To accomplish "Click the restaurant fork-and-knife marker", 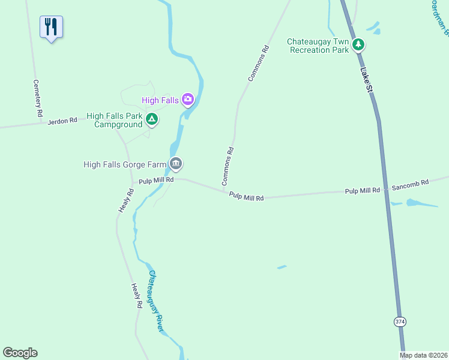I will (x=51, y=26).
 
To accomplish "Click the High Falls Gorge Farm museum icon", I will (x=176, y=163).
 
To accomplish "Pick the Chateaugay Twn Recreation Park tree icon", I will (x=358, y=44).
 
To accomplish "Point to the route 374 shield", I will (x=400, y=322).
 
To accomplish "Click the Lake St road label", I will (x=366, y=80).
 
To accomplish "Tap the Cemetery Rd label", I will (x=38, y=98).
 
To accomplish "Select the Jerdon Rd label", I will (x=64, y=121).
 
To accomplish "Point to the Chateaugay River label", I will (x=155, y=301).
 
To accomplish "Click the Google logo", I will (x=20, y=353).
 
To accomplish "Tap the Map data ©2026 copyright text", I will (x=423, y=355).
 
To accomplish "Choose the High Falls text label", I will (x=160, y=100).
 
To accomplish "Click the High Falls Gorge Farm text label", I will (x=125, y=164).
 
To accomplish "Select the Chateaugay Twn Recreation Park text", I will (x=318, y=46).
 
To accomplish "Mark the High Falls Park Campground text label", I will (x=115, y=121).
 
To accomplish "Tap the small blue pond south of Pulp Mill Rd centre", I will (x=282, y=267).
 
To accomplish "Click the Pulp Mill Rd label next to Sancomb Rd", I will (x=362, y=190).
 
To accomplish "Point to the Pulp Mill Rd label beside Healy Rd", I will (x=155, y=179).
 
